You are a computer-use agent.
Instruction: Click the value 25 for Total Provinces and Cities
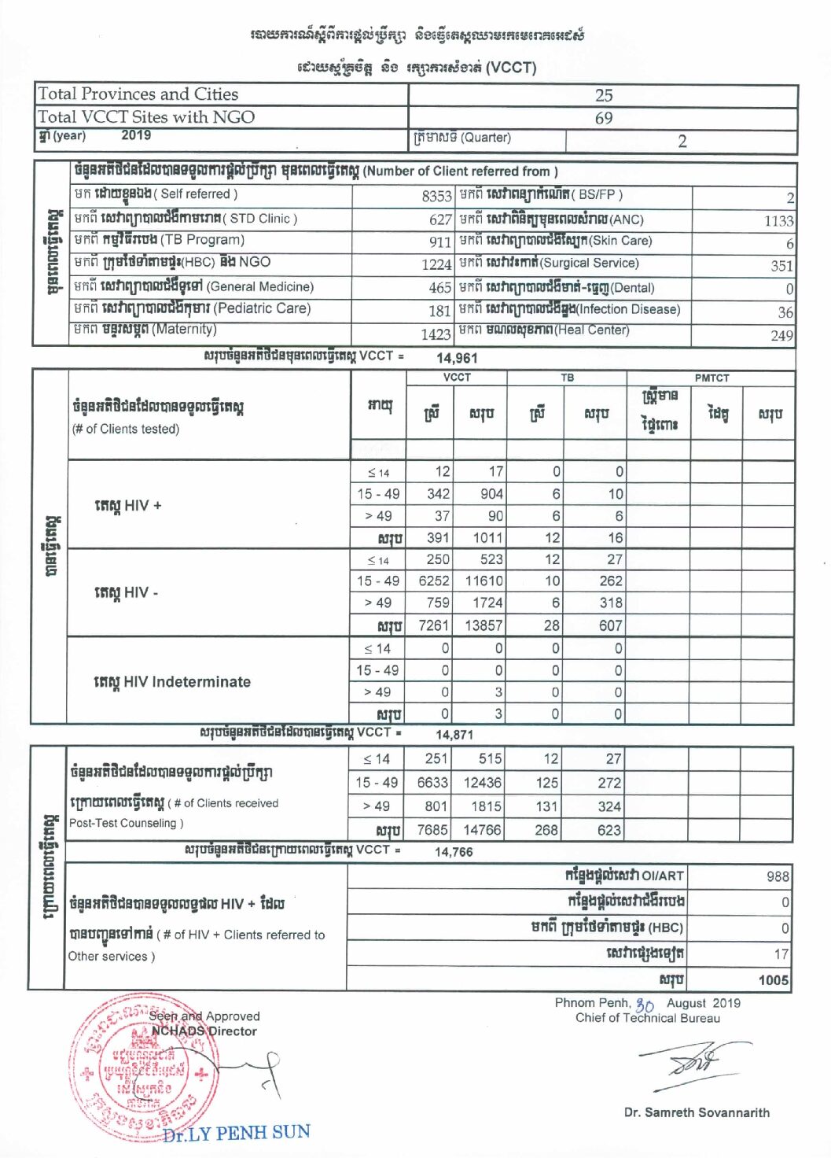(x=604, y=95)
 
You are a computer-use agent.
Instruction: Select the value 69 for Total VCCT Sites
(x=604, y=118)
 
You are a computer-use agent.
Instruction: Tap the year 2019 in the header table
(x=136, y=135)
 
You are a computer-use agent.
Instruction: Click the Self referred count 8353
(x=436, y=196)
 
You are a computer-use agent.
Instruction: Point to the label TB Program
(x=203, y=240)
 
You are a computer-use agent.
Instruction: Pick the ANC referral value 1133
(x=778, y=221)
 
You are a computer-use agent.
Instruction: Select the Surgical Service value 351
(x=781, y=266)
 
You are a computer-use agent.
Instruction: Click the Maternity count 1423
(x=436, y=334)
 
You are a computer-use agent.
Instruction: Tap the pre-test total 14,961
(x=457, y=358)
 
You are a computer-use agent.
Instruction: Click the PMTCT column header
(x=711, y=378)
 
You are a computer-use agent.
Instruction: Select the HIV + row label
(x=127, y=505)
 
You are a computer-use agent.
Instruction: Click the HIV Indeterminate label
(x=172, y=681)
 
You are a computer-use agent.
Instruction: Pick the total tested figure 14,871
(x=454, y=734)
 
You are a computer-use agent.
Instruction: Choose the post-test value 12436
(x=482, y=783)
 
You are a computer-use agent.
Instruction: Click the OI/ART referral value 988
(x=778, y=876)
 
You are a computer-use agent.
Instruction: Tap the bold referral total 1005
(x=774, y=980)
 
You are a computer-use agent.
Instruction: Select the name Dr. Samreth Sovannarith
(x=697, y=1112)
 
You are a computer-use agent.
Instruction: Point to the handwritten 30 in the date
(x=645, y=1005)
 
